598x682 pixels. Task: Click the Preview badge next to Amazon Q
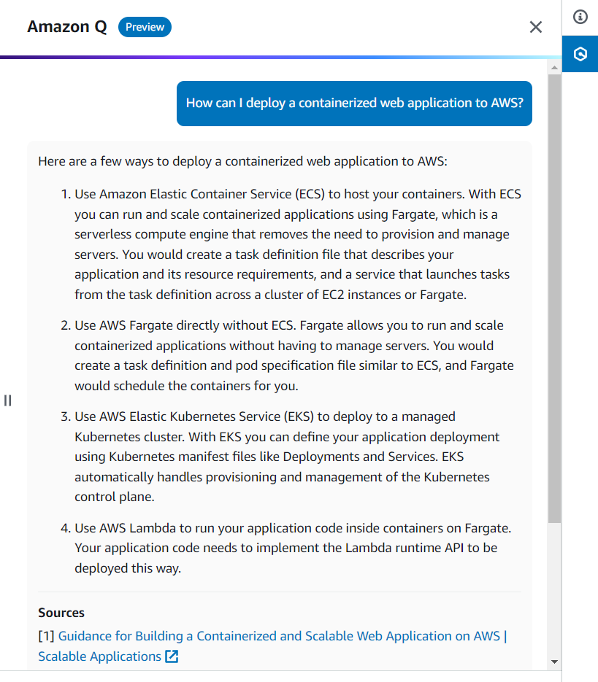click(x=145, y=27)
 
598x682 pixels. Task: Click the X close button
click(x=536, y=27)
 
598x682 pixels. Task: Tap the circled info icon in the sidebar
click(x=580, y=17)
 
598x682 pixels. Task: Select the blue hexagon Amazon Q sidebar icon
click(x=580, y=54)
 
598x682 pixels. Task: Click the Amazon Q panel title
click(x=67, y=27)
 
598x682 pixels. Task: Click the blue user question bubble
click(x=354, y=103)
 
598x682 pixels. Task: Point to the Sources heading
click(x=61, y=613)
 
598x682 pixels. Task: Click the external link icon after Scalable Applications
click(x=172, y=656)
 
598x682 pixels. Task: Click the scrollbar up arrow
click(x=554, y=67)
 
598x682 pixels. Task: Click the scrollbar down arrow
click(x=554, y=662)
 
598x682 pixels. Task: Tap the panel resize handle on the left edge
click(x=8, y=400)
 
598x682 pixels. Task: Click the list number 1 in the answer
click(x=64, y=194)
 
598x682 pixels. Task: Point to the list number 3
click(x=64, y=416)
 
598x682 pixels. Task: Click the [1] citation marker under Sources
click(x=46, y=636)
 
